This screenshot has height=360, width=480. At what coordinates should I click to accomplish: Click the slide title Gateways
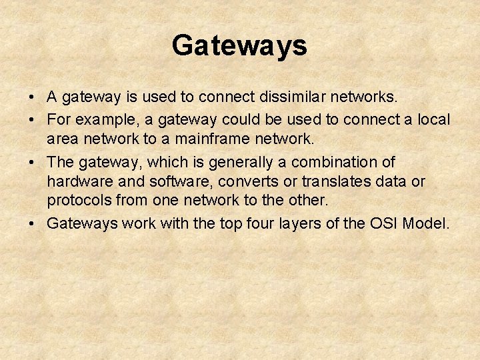[239, 46]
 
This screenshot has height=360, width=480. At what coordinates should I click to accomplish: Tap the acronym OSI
[385, 223]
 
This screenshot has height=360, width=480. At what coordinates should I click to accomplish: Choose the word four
[255, 223]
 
